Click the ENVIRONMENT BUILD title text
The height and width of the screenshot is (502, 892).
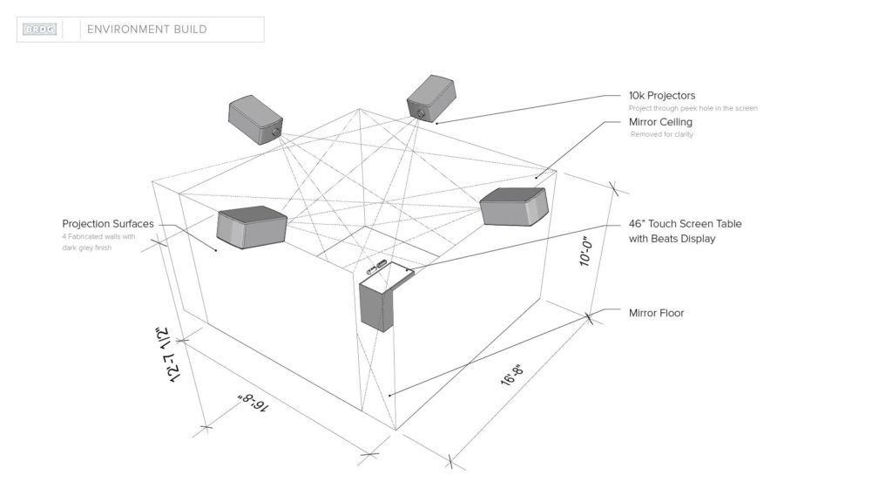pos(147,30)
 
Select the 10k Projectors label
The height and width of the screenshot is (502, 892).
pos(662,95)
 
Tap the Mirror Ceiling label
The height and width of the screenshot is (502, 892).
pos(660,122)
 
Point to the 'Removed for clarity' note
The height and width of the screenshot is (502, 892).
pos(661,135)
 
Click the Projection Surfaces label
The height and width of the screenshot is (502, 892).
pos(108,224)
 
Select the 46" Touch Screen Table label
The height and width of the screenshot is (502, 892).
pos(685,224)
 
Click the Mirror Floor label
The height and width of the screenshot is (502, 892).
pos(656,313)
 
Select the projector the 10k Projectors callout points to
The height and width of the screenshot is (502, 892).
pos(431,97)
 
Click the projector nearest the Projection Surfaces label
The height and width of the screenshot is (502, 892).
pos(252,226)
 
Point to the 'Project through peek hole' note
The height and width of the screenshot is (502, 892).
pos(693,108)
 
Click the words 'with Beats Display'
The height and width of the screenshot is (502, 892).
pos(672,239)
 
